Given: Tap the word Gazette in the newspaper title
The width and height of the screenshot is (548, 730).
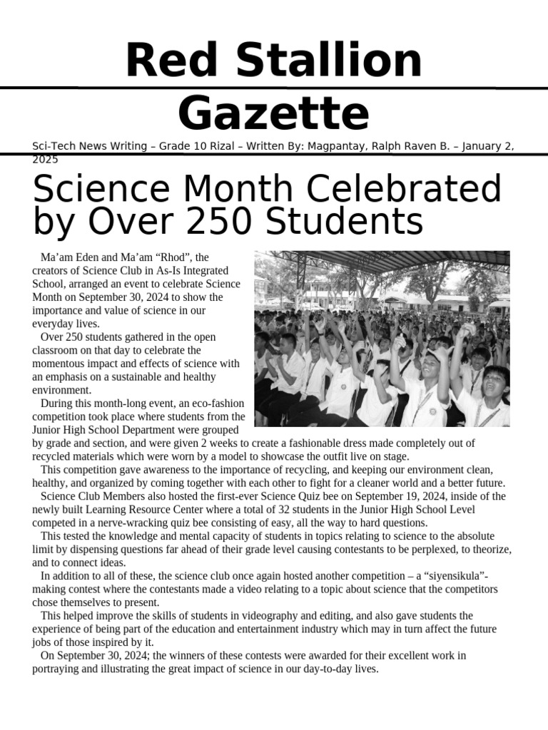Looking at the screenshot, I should pos(273,114).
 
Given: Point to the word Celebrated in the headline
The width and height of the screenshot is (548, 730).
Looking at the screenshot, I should pos(405,190).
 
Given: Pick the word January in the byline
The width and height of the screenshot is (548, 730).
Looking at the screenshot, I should pos(485,146).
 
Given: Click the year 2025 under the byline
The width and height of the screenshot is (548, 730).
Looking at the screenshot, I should pos(45,160).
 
